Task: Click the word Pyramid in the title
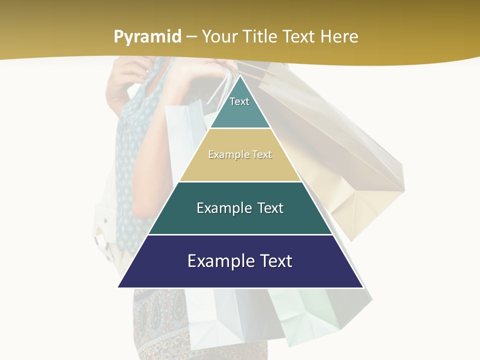[147, 37]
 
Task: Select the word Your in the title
[220, 37]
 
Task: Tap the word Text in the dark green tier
[267, 208]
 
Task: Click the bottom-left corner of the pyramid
[119, 286]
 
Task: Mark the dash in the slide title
[191, 37]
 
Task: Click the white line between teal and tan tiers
[240, 128]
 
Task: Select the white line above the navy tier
[240, 234]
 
